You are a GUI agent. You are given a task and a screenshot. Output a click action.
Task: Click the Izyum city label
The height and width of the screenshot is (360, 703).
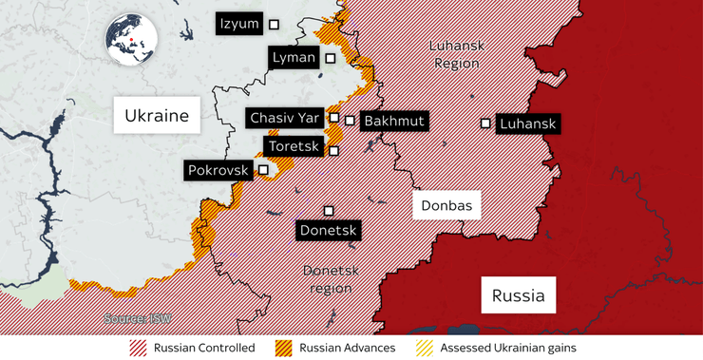[x=238, y=24]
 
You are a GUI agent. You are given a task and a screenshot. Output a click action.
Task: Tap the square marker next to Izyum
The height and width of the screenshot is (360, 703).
[x=275, y=24]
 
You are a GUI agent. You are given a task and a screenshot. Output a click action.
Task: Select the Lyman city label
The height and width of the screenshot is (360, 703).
[x=293, y=58]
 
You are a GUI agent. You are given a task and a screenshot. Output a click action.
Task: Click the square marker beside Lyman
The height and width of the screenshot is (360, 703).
[x=331, y=58]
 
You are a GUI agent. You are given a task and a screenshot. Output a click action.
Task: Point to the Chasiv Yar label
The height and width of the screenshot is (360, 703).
[x=284, y=118]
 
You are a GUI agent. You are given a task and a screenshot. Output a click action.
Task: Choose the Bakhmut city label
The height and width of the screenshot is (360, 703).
[x=393, y=121]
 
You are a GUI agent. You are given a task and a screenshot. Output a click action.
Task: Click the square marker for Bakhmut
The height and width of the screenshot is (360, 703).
[x=351, y=121]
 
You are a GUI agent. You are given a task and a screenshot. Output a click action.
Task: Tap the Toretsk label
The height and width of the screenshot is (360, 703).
[x=294, y=147]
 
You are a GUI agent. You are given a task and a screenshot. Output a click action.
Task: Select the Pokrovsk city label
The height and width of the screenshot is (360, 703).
[x=218, y=170]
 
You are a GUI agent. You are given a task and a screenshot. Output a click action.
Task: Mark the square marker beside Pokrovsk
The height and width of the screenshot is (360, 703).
[x=263, y=170]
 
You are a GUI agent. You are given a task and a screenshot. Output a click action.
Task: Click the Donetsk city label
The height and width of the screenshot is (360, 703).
[x=328, y=230]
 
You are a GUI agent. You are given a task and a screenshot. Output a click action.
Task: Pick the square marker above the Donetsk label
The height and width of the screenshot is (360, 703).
[x=329, y=210]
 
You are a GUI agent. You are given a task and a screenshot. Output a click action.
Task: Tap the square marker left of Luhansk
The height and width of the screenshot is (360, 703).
[x=485, y=123]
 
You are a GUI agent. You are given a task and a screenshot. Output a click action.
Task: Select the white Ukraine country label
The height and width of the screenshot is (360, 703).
[x=157, y=116]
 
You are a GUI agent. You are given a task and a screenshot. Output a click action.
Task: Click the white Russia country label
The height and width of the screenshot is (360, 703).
[x=518, y=294]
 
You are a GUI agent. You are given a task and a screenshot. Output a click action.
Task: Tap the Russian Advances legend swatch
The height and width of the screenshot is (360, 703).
[x=284, y=348]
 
